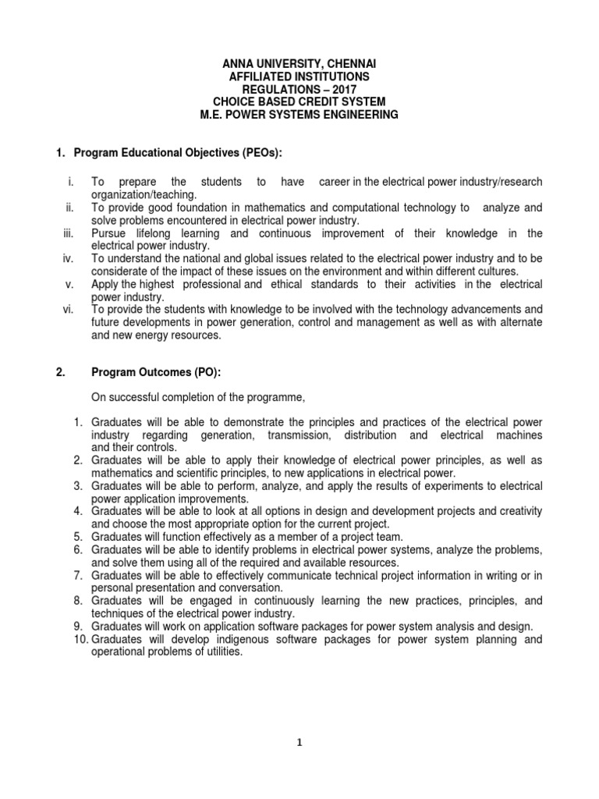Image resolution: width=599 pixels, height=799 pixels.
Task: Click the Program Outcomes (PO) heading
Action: point(151,372)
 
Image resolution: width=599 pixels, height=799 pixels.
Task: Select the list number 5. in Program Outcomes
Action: point(78,537)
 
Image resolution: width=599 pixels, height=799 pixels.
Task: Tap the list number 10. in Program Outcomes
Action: point(76,639)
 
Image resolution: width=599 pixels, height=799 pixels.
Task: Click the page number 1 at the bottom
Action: point(299,742)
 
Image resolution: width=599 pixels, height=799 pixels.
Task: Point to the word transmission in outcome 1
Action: point(299,435)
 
